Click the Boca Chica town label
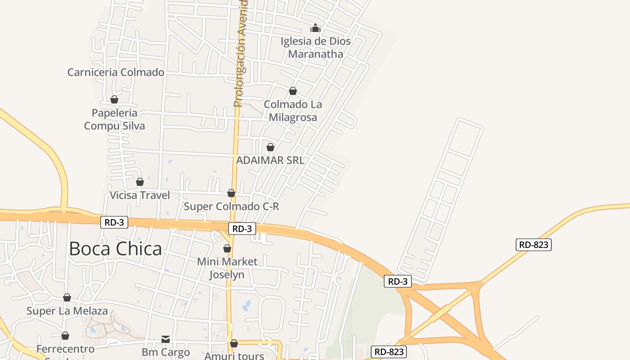[115, 249]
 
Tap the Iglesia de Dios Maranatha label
[315, 48]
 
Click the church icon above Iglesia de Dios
[315, 28]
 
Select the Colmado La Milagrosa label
[293, 111]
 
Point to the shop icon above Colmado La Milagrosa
[293, 91]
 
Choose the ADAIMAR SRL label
[270, 160]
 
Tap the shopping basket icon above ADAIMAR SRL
[270, 147]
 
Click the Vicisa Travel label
[140, 195]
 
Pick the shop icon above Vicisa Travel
[140, 182]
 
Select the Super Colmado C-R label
[231, 207]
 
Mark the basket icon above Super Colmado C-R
[231, 193]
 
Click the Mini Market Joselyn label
[227, 268]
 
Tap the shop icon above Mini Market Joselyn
[227, 248]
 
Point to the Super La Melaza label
[67, 311]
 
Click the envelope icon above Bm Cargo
[166, 339]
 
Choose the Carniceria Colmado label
[116, 72]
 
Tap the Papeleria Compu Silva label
[115, 119]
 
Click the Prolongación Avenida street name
[241, 54]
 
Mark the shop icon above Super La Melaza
[67, 297]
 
